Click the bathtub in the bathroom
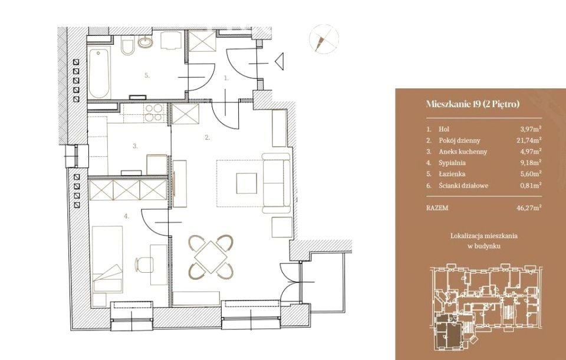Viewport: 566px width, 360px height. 98,74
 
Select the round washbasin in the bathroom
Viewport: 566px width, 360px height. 146,42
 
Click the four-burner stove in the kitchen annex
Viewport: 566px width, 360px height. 153,112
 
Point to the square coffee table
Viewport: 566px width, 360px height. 246,183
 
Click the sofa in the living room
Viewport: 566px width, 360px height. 277,184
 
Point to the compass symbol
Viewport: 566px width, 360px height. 324,39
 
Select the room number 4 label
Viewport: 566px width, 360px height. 126,216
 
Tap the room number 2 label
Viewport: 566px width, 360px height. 207,137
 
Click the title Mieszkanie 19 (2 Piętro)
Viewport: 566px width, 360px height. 473,104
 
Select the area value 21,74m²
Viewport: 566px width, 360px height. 529,140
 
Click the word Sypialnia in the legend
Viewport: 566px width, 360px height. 452,163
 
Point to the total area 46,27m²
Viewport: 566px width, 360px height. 529,208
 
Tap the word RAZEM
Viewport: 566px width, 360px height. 437,208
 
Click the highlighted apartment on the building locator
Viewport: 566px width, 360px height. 448,332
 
